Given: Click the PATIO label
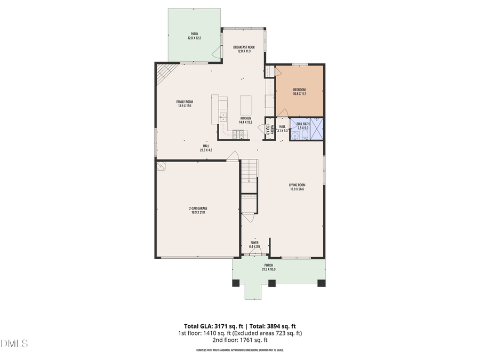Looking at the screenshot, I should tap(194, 34).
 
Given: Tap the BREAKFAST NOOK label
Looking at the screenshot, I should tap(244, 47).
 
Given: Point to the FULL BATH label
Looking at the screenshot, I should tap(303, 124).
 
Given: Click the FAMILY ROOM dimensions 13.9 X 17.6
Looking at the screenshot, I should tap(185, 106).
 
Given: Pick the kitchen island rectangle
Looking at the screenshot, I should tap(246, 105).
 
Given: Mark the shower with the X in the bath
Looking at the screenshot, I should tap(317, 129).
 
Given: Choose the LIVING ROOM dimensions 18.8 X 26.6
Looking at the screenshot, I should tap(297, 189).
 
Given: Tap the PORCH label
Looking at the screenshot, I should tap(269, 265).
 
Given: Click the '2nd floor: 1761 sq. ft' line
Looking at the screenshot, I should tap(240, 339).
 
